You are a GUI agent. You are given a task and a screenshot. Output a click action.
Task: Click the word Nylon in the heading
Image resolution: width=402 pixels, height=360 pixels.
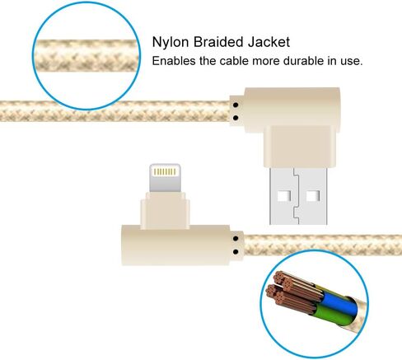pos(171,42)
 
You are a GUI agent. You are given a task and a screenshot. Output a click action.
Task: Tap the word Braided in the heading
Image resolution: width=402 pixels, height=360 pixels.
pos(218,42)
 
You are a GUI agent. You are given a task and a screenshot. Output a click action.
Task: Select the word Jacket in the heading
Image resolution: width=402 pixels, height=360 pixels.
pos(269,42)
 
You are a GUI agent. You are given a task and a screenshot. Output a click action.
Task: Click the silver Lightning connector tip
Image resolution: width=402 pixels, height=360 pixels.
pos(165,178)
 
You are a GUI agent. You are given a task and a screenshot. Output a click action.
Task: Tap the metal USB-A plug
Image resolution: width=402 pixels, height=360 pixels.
pos(298,196)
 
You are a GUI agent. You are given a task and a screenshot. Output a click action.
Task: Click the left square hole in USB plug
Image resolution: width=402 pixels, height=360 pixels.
pos(283,196)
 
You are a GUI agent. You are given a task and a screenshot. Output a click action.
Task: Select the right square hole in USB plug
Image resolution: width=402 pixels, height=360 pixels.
pos(313,196)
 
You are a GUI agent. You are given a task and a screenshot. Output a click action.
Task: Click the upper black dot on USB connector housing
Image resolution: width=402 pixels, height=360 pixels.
pos(236,105)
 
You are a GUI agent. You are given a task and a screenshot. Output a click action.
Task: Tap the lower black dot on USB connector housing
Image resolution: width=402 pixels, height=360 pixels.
pos(236,118)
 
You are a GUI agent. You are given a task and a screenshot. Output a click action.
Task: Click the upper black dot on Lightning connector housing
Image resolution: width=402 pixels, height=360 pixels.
pos(236,239)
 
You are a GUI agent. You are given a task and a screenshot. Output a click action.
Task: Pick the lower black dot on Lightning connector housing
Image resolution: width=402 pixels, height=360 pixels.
pos(236,251)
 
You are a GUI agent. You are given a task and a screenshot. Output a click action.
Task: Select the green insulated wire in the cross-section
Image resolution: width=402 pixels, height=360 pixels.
pos(331,316)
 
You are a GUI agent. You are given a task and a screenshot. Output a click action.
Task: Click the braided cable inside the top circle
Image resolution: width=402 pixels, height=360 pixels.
pos(86,56)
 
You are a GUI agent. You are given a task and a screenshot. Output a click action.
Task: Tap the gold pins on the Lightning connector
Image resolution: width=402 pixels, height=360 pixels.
pos(165,172)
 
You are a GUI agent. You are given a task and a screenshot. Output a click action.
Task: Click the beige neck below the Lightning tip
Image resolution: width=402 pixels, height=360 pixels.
pos(165,211)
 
